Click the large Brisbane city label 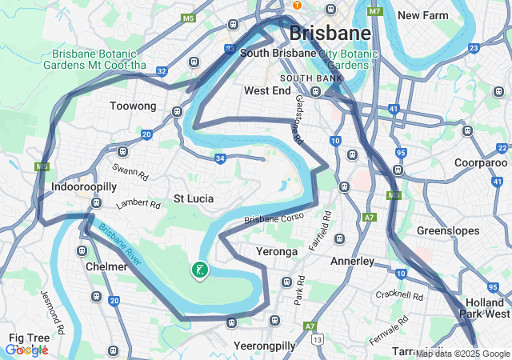click(x=330, y=34)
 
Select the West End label click(x=267, y=91)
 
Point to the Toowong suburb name click(x=133, y=106)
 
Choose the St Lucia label click(x=194, y=198)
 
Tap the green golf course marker click(x=199, y=270)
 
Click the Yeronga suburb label click(x=276, y=251)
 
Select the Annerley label click(x=352, y=261)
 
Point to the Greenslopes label click(x=447, y=230)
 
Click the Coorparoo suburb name click(x=458, y=162)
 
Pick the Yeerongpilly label click(x=264, y=346)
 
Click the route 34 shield click(x=220, y=158)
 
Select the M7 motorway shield click(x=375, y=12)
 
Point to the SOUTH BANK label click(x=311, y=78)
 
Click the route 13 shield click(x=318, y=340)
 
